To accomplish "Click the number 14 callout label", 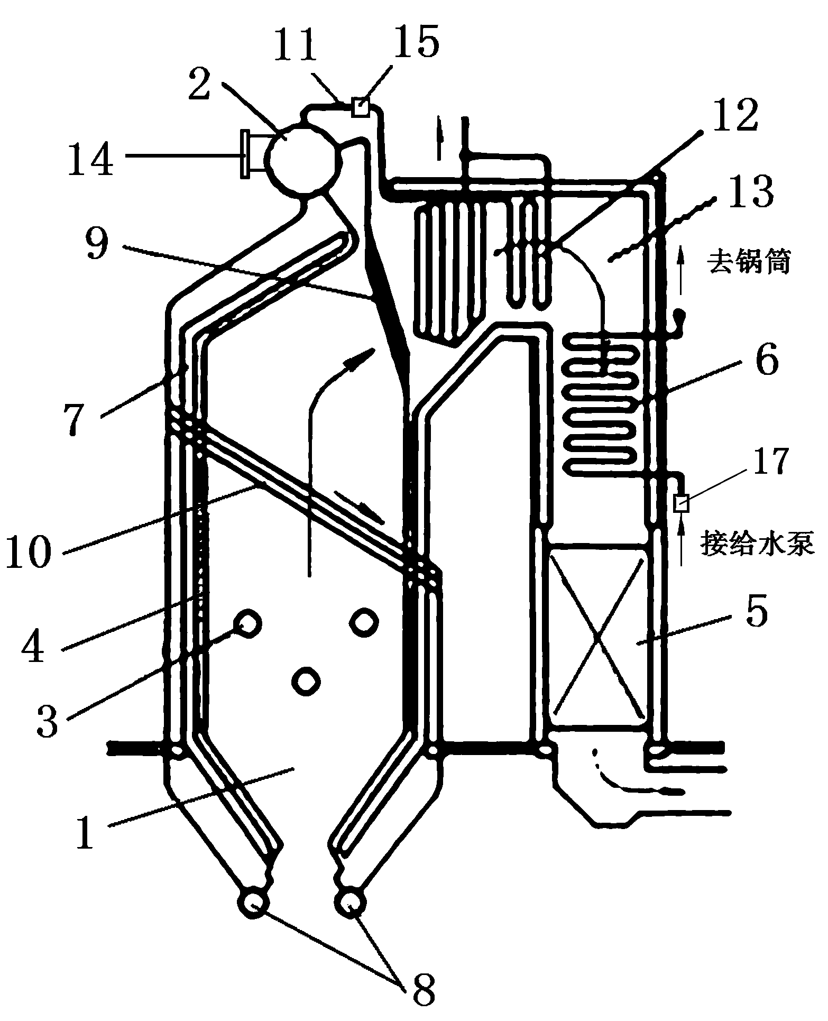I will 90,158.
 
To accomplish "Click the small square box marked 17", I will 681,503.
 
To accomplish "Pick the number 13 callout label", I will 755,192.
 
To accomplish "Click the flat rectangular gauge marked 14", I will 244,154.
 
